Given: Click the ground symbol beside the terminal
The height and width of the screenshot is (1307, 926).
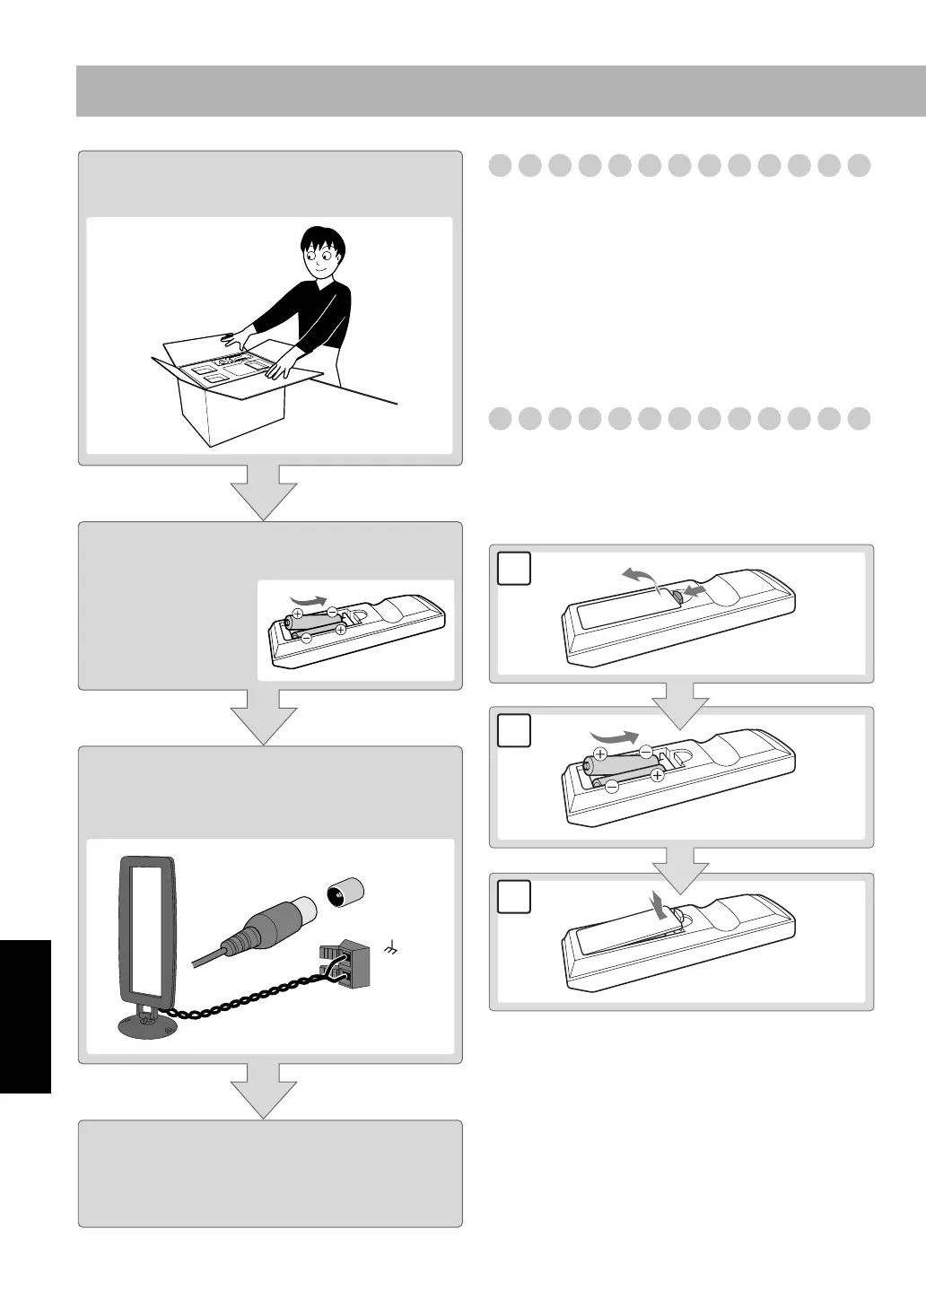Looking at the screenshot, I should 390,945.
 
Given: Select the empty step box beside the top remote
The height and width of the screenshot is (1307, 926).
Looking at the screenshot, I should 512,569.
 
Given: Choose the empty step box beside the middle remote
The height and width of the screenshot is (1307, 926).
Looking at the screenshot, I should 512,730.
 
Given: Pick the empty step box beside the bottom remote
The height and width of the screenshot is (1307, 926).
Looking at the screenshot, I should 512,897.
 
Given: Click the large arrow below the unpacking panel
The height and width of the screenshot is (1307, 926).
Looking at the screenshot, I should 264,492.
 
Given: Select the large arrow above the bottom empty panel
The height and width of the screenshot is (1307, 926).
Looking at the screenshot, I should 264,1090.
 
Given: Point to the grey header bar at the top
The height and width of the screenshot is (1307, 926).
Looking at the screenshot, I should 501,91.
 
